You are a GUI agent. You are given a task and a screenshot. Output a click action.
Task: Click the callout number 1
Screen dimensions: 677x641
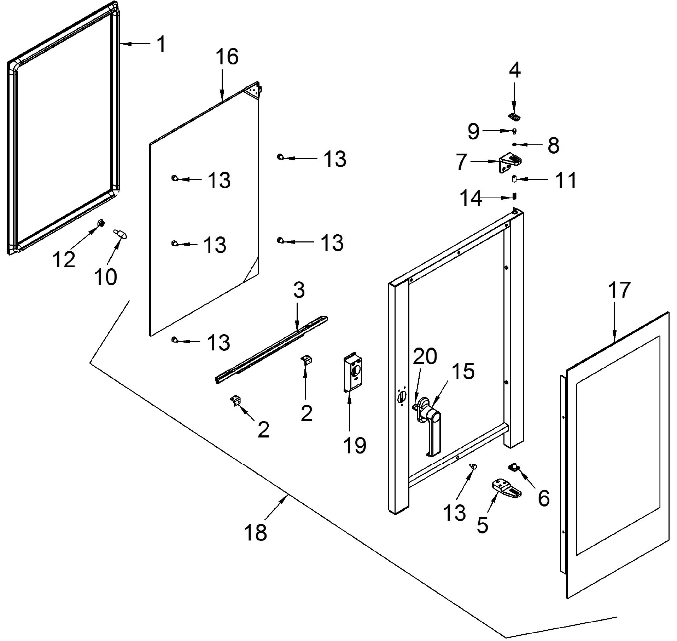point(161,44)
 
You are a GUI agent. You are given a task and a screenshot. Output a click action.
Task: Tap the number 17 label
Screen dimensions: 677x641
point(619,290)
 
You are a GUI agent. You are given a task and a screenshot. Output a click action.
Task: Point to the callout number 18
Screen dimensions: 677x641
point(255,532)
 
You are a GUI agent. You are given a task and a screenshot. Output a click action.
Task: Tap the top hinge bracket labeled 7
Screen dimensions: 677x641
point(510,163)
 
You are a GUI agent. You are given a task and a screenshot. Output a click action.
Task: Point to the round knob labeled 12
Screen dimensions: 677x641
point(101,223)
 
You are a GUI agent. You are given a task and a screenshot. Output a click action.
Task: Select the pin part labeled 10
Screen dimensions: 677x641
point(121,234)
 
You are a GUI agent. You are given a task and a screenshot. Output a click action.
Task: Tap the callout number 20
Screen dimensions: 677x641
point(425,356)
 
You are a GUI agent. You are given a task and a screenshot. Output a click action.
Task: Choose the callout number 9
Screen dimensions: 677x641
point(474,131)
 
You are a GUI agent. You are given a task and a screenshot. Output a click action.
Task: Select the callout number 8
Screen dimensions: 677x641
point(554,145)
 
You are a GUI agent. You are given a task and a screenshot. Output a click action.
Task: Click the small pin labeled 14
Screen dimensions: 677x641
point(515,196)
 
